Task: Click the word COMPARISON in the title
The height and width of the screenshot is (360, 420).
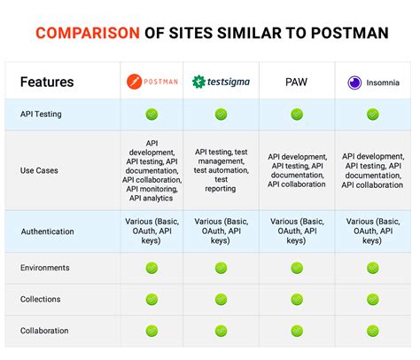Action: pyautogui.click(x=87, y=34)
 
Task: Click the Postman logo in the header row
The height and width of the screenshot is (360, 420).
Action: pyautogui.click(x=152, y=82)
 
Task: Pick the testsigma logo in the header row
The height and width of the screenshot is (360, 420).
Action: pyautogui.click(x=221, y=82)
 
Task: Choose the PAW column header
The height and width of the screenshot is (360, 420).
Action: pyautogui.click(x=297, y=82)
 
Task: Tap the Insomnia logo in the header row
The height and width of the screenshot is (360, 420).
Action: pyautogui.click(x=372, y=82)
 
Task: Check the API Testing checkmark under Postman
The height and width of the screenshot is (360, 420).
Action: pyautogui.click(x=152, y=114)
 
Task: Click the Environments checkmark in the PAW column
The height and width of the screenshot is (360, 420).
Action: pyautogui.click(x=297, y=268)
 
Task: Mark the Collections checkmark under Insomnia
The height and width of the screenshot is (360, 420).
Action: pyautogui.click(x=372, y=300)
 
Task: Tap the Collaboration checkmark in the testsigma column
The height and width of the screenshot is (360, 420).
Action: pyautogui.click(x=221, y=332)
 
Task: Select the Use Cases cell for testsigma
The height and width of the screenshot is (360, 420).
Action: pyautogui.click(x=221, y=170)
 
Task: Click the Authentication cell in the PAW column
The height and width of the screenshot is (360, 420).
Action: pyautogui.click(x=297, y=231)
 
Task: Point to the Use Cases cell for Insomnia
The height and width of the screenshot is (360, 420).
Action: pyautogui.click(x=372, y=170)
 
